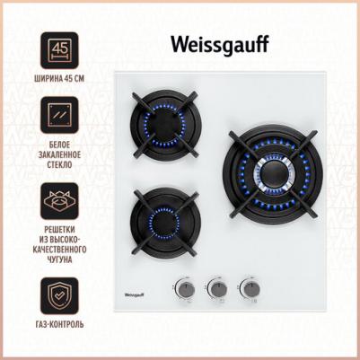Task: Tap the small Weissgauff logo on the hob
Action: pyautogui.click(x=134, y=295)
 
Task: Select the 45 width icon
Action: pyautogui.click(x=59, y=50)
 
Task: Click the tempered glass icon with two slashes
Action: pyautogui.click(x=59, y=115)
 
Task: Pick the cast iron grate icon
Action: pyautogui.click(x=59, y=201)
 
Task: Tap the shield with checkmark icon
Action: pyautogui.click(x=59, y=295)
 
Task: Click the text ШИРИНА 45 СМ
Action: pyautogui.click(x=59, y=79)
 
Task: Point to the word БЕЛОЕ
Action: pyautogui.click(x=59, y=145)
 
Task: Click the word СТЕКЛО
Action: pyautogui.click(x=59, y=165)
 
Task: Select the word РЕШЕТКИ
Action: pyautogui.click(x=59, y=230)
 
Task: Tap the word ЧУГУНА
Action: pyautogui.click(x=59, y=259)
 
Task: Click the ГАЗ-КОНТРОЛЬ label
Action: pyautogui.click(x=59, y=324)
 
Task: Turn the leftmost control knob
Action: pyautogui.click(x=186, y=289)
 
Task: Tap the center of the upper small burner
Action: pyautogui.click(x=164, y=125)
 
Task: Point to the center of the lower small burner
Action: pyautogui.click(x=164, y=223)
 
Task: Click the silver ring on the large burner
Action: pyautogui.click(x=256, y=173)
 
